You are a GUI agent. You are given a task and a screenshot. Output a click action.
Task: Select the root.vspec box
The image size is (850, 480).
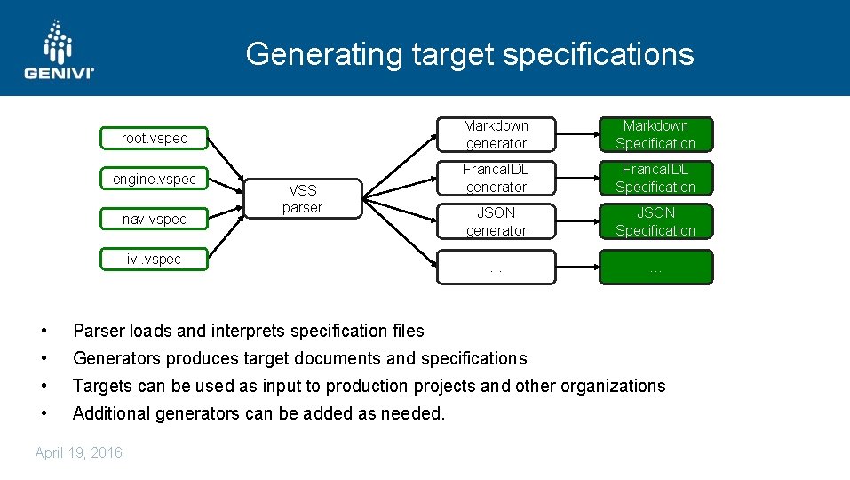point(155,139)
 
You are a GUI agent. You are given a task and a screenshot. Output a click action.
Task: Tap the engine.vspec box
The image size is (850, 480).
point(155,179)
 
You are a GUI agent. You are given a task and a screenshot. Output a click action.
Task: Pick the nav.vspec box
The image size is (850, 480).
point(155,219)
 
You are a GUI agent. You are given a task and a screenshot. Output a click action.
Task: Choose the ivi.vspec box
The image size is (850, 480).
point(155,259)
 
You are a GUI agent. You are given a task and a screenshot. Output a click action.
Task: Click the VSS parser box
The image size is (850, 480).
point(302,199)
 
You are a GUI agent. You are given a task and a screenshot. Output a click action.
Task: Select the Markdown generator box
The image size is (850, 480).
point(496,134)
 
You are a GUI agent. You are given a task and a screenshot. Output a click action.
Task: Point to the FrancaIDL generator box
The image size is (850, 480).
point(496,178)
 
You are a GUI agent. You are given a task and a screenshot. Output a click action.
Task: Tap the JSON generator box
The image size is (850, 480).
point(496,221)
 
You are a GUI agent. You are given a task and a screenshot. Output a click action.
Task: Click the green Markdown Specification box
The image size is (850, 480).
point(655,134)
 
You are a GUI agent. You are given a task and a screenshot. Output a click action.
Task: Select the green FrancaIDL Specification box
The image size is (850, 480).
point(655,178)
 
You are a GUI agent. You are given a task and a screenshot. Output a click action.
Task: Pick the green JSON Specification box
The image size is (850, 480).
point(655,221)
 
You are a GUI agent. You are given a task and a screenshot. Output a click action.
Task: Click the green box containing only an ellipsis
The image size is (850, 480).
point(655,267)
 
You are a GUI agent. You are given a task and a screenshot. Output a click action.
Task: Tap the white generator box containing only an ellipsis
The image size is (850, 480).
point(496,267)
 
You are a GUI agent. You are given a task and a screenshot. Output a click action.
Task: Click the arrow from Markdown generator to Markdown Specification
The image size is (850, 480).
point(577,135)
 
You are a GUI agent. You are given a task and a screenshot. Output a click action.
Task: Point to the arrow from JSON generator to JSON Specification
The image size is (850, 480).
point(577,221)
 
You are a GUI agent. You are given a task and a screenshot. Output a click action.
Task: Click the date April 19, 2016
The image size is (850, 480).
point(79,453)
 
